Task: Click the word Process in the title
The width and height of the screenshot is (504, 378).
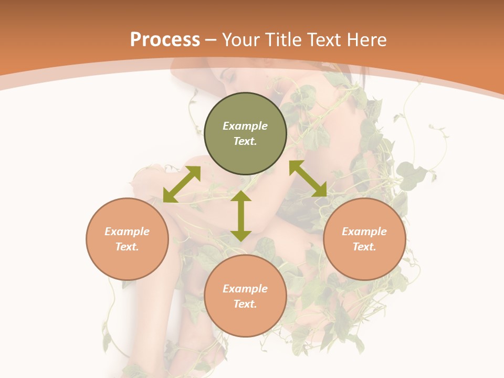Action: point(165,40)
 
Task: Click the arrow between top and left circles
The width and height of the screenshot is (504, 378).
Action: point(182,184)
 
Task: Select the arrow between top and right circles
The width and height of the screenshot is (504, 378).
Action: point(308,178)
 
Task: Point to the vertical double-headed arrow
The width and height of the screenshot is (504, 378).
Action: point(241,216)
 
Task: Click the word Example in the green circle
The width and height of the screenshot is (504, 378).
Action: point(245,126)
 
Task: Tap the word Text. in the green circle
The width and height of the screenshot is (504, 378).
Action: point(245,141)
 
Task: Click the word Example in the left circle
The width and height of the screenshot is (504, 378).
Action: point(127,232)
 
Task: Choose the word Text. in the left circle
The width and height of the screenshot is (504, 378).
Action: point(127,247)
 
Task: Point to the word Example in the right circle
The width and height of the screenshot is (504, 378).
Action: point(364,232)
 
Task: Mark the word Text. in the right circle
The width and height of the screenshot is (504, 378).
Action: point(364,247)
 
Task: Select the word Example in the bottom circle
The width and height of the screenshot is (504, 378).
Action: point(245,289)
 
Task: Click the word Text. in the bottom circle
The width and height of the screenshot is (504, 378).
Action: point(245,304)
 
